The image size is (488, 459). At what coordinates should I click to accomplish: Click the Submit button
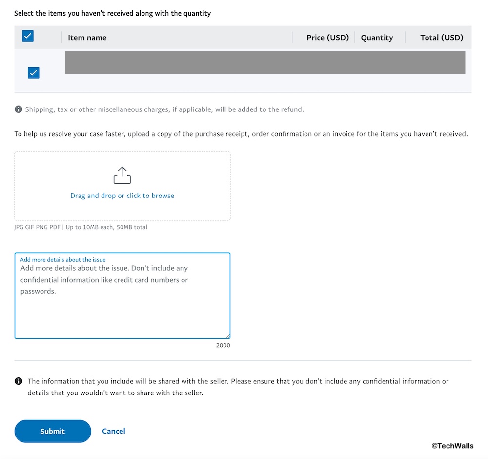tap(53, 431)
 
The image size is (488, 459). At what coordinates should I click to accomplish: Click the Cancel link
tap(114, 431)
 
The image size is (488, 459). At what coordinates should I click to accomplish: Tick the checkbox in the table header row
tap(28, 36)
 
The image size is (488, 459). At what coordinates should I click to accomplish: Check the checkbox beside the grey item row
tap(33, 73)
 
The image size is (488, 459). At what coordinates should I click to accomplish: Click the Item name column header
tap(87, 38)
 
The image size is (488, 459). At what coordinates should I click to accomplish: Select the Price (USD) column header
tap(327, 38)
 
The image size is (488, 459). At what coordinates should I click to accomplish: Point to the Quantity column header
tap(377, 38)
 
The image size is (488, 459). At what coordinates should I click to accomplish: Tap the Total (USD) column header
tap(442, 38)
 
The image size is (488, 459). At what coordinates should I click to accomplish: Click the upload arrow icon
tap(122, 175)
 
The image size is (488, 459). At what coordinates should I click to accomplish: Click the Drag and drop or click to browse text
tap(122, 196)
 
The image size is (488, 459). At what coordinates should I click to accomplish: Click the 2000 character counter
tap(223, 345)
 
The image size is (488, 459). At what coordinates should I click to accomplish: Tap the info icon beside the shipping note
tap(18, 109)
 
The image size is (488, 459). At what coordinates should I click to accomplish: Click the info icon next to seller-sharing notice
tap(19, 381)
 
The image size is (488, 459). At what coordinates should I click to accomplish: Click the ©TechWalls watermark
tap(452, 446)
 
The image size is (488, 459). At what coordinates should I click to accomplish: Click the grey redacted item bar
tap(265, 63)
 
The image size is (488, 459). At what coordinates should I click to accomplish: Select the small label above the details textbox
tap(62, 260)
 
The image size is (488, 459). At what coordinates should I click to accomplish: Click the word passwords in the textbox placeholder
tap(38, 291)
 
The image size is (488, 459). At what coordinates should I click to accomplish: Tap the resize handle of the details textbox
tap(227, 336)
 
